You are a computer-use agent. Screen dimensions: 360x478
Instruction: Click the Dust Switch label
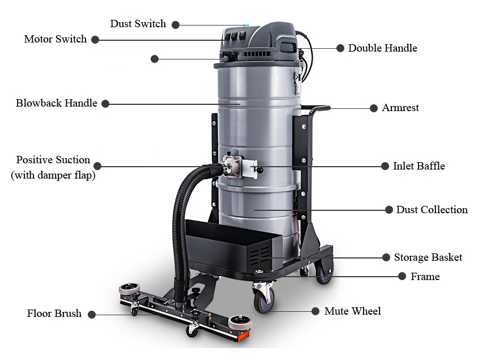(138, 24)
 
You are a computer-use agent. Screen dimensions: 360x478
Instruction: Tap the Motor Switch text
(55, 39)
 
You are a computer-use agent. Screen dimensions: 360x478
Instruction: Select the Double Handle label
(382, 48)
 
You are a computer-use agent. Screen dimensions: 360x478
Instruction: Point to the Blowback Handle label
(56, 103)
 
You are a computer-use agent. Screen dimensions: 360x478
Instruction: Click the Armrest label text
(400, 108)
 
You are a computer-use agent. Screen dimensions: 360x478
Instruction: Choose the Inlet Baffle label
(419, 166)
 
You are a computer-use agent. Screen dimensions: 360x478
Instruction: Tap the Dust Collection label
(432, 210)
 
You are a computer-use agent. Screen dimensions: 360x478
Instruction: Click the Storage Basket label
(428, 257)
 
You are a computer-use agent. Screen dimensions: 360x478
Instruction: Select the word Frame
(425, 277)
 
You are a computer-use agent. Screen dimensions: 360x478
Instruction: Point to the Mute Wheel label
(352, 311)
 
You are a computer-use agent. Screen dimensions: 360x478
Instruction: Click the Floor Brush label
(54, 314)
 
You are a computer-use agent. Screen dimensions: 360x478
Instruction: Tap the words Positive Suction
(53, 160)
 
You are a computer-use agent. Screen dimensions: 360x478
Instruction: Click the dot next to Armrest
(373, 108)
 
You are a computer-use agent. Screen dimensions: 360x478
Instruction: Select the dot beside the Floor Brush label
(92, 314)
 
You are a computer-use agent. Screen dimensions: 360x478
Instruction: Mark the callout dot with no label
(155, 58)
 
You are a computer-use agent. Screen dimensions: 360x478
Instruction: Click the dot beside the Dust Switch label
(176, 25)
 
